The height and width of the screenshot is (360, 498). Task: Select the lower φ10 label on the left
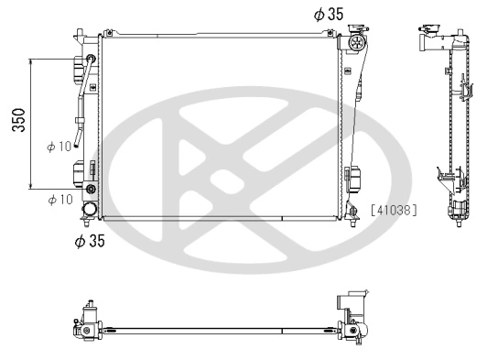point(60,198)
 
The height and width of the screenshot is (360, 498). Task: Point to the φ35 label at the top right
point(328,14)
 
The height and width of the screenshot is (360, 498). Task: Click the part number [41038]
point(394,209)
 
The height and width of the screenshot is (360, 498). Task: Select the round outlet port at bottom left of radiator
point(91,210)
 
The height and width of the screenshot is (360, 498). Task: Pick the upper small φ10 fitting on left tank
point(91,60)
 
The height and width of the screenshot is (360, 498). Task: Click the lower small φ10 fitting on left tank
point(91,191)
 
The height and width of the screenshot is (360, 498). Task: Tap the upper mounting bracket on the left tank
point(79,70)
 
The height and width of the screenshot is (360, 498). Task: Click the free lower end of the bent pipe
point(81,142)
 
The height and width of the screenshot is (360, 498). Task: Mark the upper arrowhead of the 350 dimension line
point(32,62)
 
